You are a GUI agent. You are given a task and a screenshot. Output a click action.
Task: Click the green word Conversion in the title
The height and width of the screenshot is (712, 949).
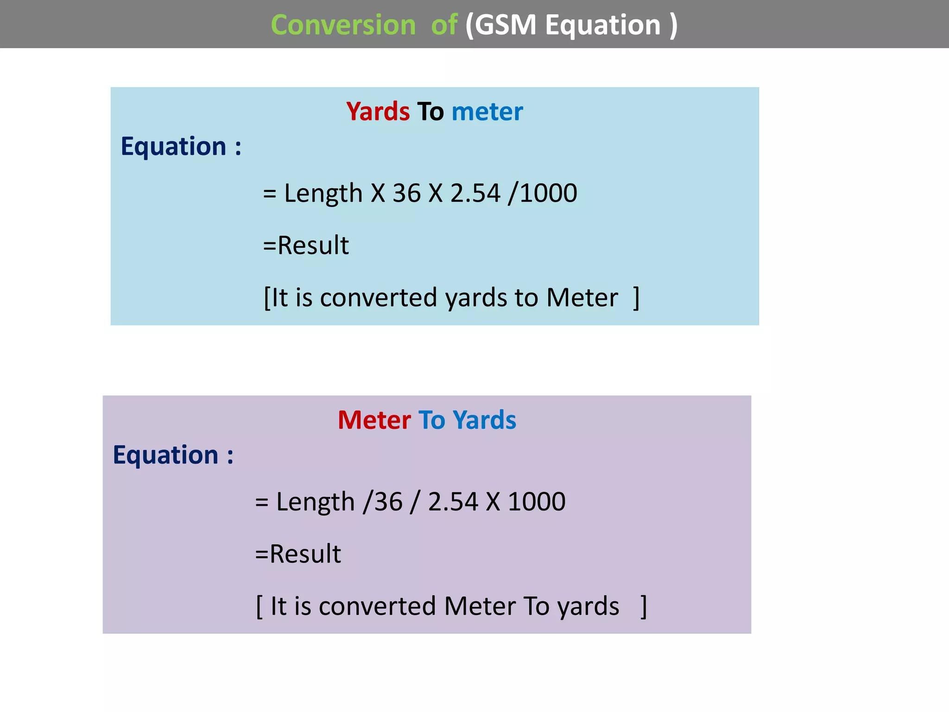tap(343, 25)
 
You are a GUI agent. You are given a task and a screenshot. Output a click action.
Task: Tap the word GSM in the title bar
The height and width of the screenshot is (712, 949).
tap(506, 25)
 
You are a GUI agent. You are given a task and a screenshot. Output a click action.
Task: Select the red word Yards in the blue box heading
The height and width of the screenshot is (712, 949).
tap(378, 112)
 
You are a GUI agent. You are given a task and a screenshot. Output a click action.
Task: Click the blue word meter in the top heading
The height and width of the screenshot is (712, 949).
tap(487, 112)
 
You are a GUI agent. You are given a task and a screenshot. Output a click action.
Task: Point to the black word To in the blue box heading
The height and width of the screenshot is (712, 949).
tap(430, 112)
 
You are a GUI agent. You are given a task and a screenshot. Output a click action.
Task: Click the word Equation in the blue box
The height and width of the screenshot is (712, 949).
tap(173, 146)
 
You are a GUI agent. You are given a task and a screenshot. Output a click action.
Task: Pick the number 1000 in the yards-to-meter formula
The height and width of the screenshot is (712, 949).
tap(549, 193)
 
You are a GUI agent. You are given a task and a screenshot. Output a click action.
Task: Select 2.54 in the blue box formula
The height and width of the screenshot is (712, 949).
tap(475, 193)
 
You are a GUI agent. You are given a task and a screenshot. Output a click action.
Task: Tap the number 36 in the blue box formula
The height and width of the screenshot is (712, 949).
tap(406, 193)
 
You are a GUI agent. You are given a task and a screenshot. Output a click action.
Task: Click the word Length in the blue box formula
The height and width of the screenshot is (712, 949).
tap(323, 194)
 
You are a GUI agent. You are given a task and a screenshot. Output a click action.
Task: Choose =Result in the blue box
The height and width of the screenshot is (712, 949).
tap(306, 245)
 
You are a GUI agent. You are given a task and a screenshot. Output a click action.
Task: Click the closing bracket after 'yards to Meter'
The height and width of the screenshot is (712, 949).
tap(637, 298)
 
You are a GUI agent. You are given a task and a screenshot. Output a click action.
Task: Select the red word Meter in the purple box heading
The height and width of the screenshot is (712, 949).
tap(374, 420)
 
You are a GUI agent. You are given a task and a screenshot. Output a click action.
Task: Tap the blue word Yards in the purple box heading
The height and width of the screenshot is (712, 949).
tap(484, 420)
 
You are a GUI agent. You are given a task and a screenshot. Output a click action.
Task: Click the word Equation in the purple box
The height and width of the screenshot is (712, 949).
tap(165, 455)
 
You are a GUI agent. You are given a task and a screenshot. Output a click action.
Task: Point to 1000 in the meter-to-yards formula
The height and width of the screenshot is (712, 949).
tap(537, 502)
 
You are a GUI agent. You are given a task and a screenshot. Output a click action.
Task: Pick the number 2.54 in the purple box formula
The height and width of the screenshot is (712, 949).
tap(453, 502)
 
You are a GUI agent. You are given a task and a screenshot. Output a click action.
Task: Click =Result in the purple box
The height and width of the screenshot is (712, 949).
tap(298, 553)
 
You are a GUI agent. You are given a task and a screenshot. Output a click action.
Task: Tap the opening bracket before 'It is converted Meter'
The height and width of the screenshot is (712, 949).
tap(259, 606)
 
